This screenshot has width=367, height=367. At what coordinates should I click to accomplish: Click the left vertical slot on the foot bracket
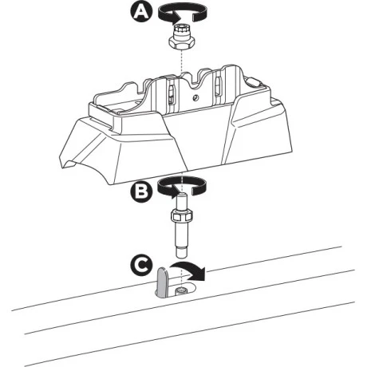tap(171, 94)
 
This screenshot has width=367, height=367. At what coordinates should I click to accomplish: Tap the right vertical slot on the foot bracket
tap(217, 90)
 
